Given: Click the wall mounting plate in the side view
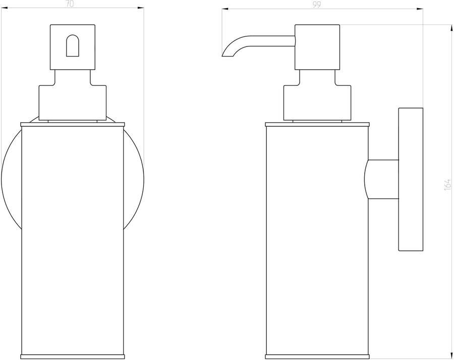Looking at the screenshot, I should pyautogui.click(x=411, y=179).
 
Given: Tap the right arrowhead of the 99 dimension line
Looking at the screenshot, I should pyautogui.click(x=421, y=9).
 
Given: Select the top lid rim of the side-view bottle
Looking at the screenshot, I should pyautogui.click(x=317, y=123).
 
